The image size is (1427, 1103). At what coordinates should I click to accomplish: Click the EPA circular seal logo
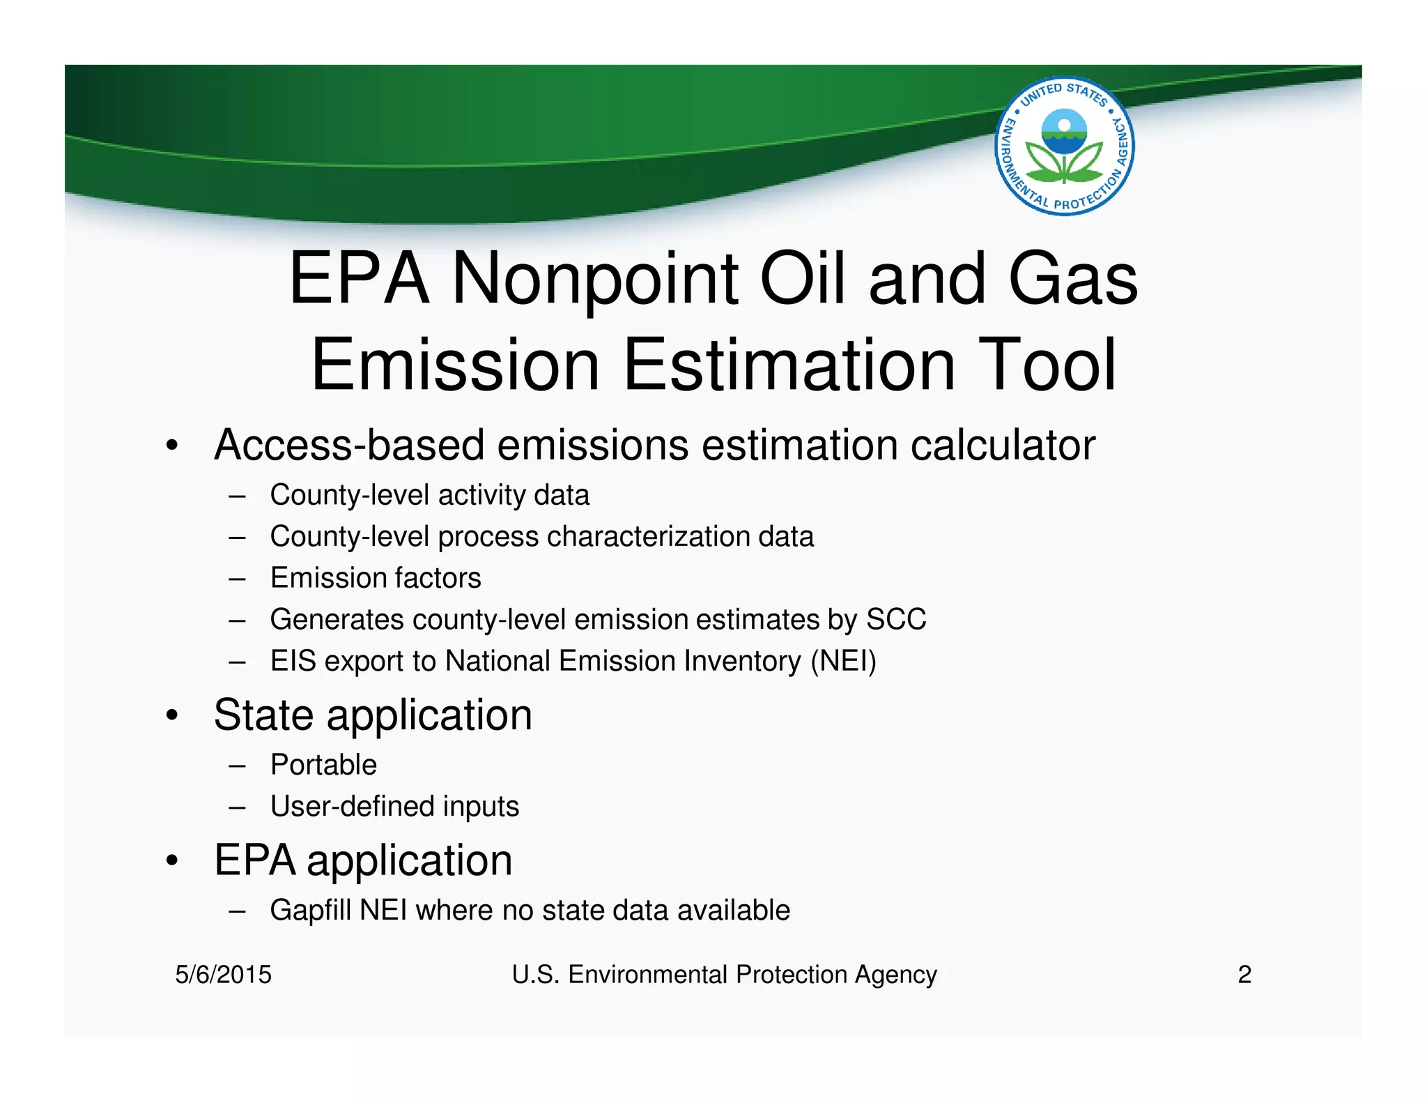click(1064, 146)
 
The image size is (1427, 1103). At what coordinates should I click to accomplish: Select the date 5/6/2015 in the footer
click(223, 974)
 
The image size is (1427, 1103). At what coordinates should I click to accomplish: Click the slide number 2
click(1244, 974)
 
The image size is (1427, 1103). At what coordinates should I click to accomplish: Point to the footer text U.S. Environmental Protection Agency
click(724, 974)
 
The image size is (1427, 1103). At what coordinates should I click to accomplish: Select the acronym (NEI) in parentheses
click(843, 661)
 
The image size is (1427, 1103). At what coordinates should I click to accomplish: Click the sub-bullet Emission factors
click(376, 578)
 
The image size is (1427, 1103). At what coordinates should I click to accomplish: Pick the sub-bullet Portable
click(323, 765)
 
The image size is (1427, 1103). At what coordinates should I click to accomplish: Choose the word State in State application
click(263, 715)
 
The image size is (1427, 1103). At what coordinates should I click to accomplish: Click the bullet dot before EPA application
click(172, 861)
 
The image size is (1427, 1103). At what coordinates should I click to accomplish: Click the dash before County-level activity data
click(237, 496)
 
